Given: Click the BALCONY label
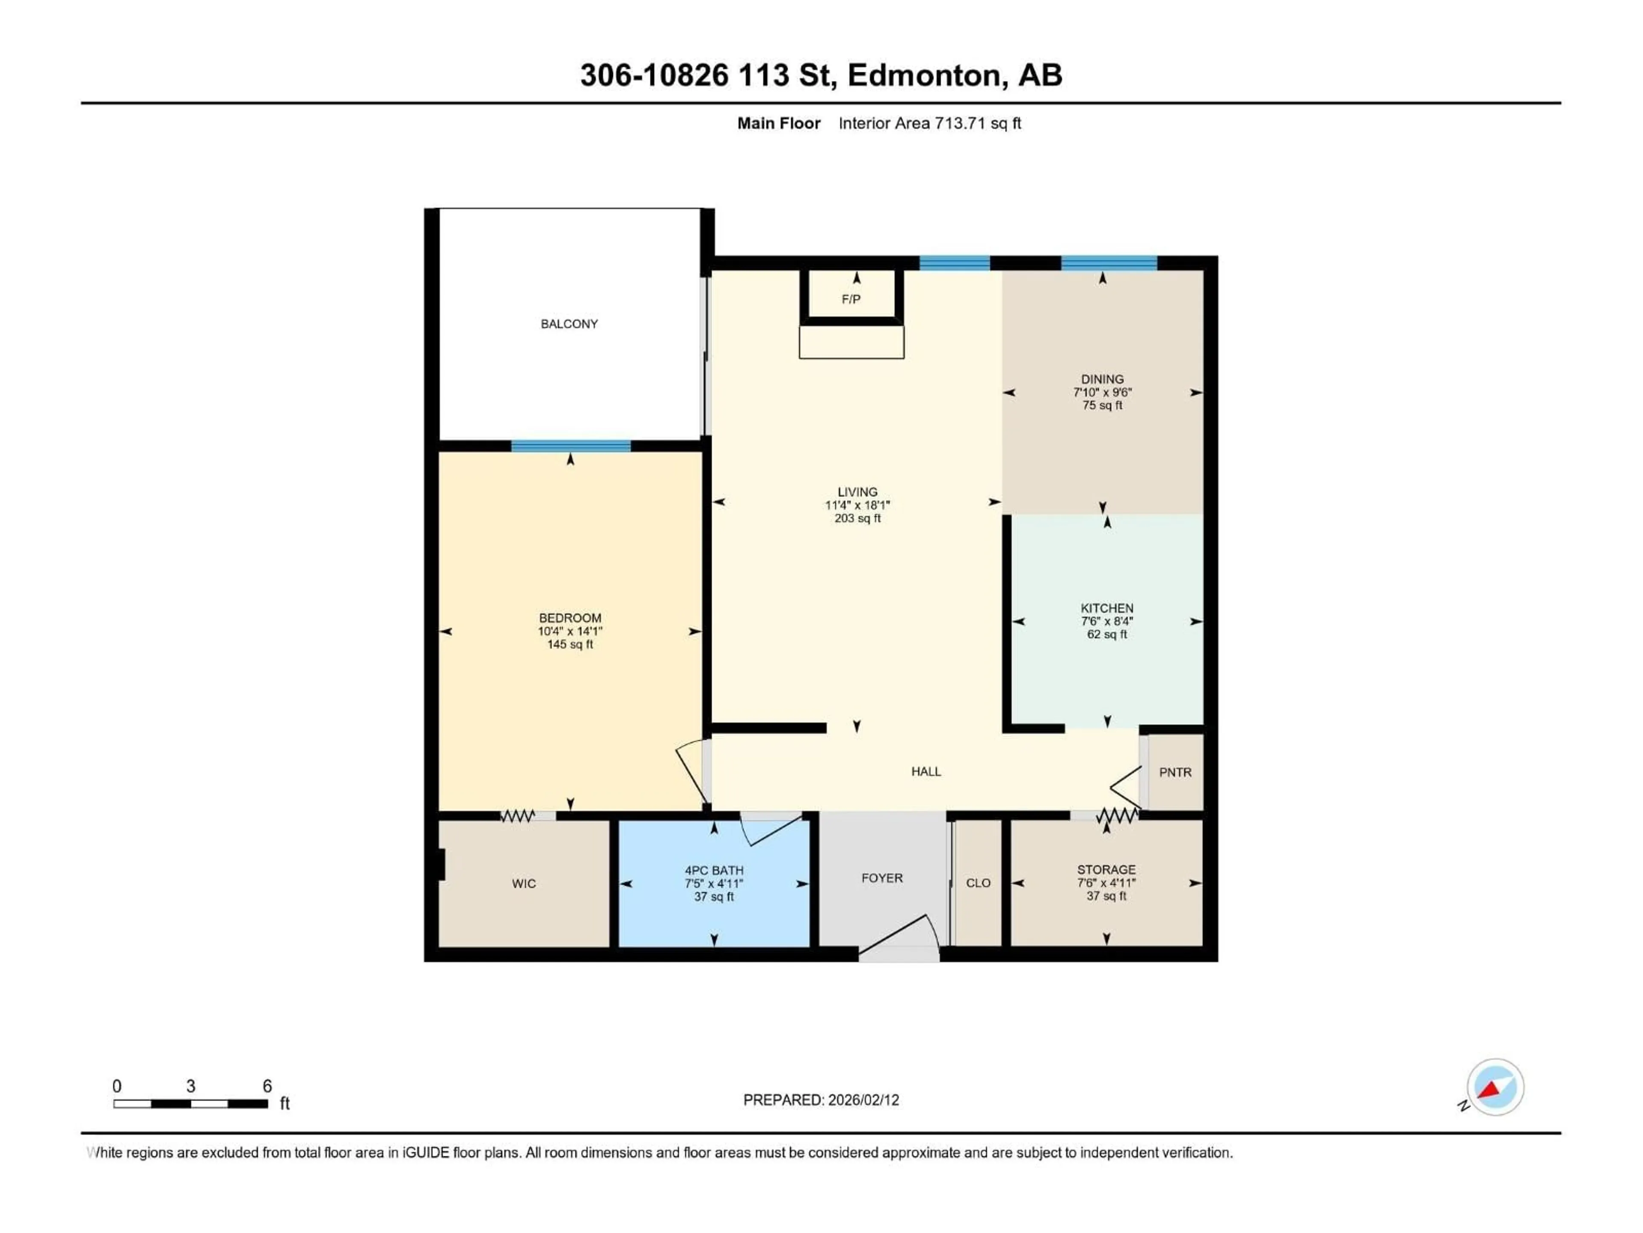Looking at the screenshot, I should [569, 324].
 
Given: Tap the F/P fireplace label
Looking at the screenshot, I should [851, 300].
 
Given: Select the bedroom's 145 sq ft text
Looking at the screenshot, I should [570, 644].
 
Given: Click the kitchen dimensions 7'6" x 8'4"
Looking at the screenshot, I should [1107, 621].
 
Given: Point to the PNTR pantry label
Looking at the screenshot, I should [1175, 773].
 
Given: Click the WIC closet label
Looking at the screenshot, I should [524, 884].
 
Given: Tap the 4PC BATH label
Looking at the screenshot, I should [714, 870].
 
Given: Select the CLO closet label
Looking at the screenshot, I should [978, 883].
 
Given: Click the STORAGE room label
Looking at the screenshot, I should [1106, 870].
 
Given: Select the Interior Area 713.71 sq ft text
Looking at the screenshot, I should [929, 123].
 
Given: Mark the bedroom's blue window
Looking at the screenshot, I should [570, 446].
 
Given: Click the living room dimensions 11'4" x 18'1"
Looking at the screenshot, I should [857, 505].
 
